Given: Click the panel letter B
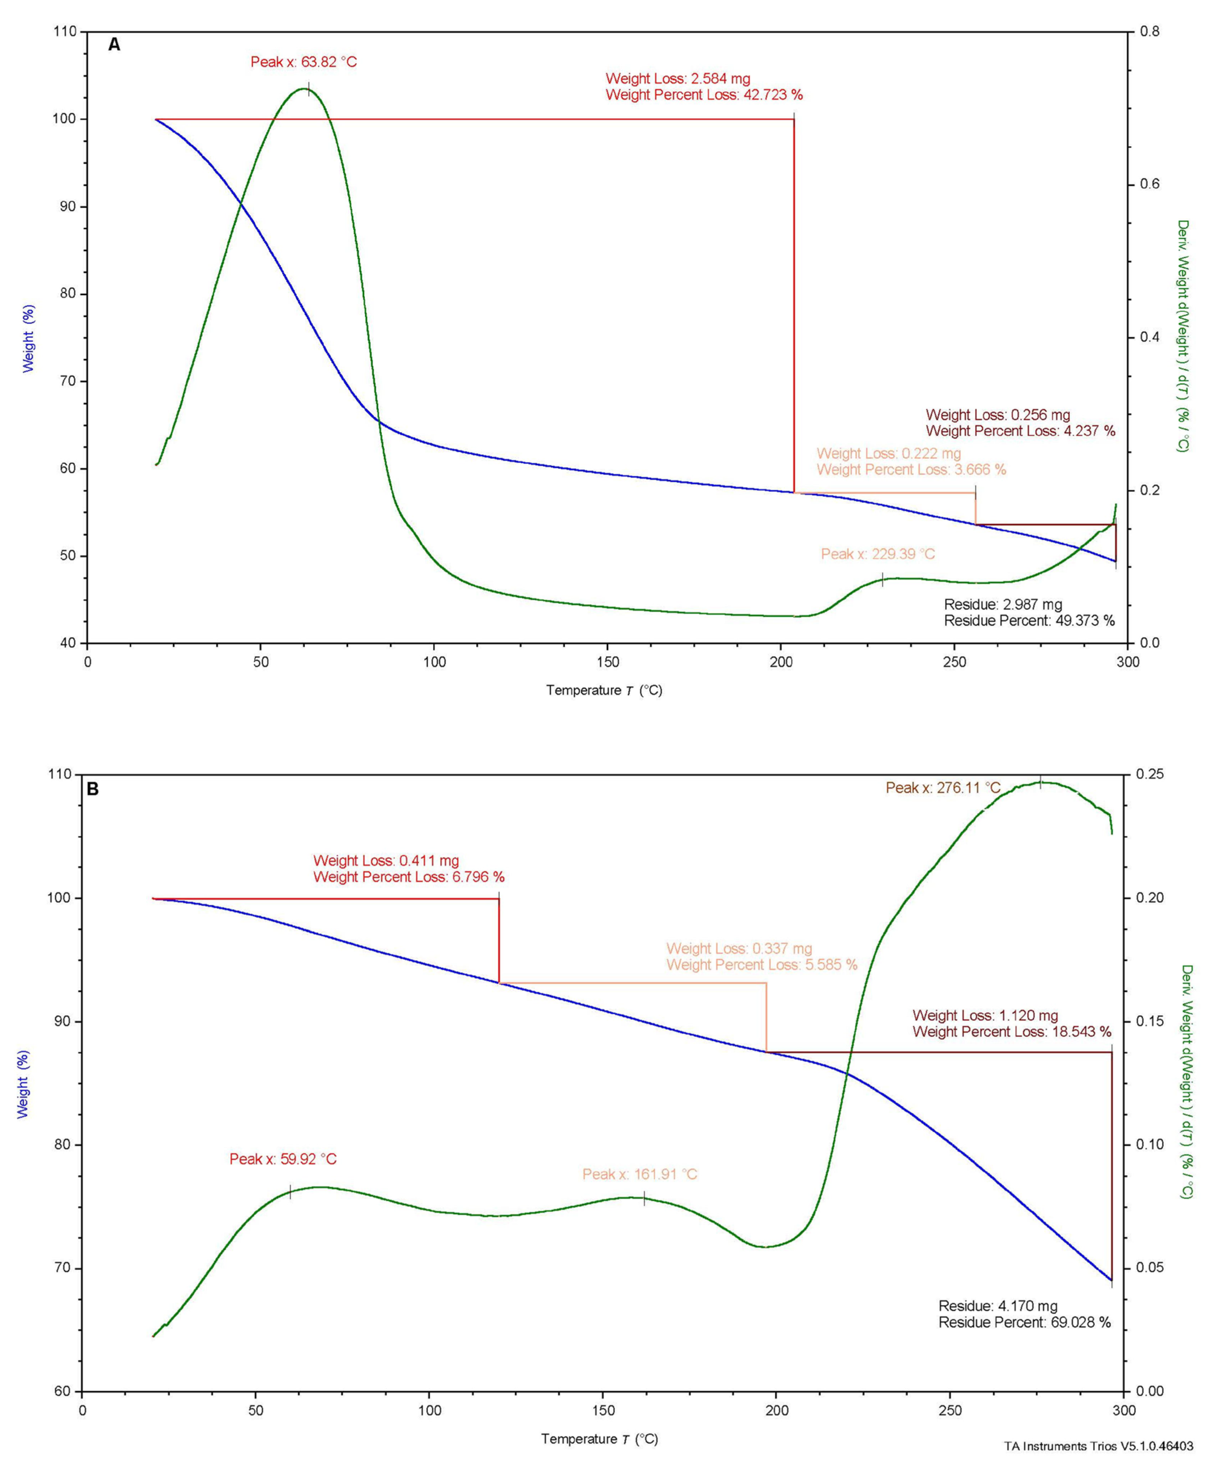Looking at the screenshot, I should pos(92,789).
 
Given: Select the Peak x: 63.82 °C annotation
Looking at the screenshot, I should pos(303,62).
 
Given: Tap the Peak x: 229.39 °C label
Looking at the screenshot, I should pos(878,554).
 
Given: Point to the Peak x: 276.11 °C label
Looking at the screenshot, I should pos(942,788).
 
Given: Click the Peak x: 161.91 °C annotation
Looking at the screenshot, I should pos(640,1174).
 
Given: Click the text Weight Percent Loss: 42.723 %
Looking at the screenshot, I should pos(704,95).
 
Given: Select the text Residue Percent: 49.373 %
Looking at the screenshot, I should pos(1029,620).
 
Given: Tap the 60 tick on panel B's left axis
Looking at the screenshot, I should pos(63,1391).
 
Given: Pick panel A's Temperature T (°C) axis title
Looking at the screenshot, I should pos(604,690).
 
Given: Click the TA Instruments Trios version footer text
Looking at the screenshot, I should pos(1098,1446).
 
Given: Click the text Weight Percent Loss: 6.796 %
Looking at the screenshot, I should pos(409,877).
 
